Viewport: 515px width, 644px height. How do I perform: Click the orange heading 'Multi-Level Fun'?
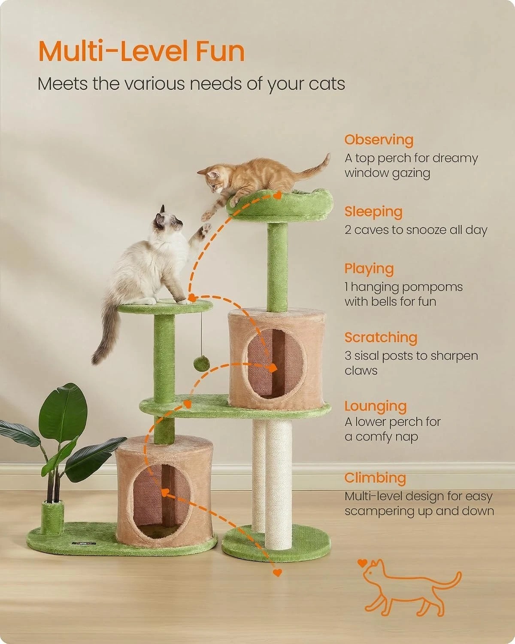[141, 51]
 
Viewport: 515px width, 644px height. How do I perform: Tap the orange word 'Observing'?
[379, 140]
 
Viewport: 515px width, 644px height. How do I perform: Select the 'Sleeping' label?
[373, 212]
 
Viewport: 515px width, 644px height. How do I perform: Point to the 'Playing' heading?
[369, 269]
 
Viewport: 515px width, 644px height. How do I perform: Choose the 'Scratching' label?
[381, 337]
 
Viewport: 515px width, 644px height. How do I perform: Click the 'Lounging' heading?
[375, 407]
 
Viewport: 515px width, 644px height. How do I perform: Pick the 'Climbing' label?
[375, 478]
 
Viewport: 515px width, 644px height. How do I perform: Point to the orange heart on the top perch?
[277, 196]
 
